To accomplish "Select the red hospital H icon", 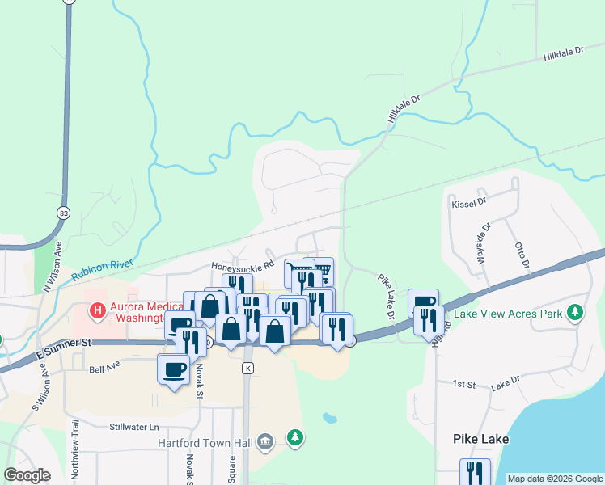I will click(x=98, y=310).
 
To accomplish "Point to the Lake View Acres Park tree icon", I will click(x=574, y=312).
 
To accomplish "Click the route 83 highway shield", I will click(x=63, y=213).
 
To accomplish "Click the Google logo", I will click(x=27, y=475).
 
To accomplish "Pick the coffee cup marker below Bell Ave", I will click(x=173, y=369).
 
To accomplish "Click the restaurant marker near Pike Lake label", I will click(x=475, y=472).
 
